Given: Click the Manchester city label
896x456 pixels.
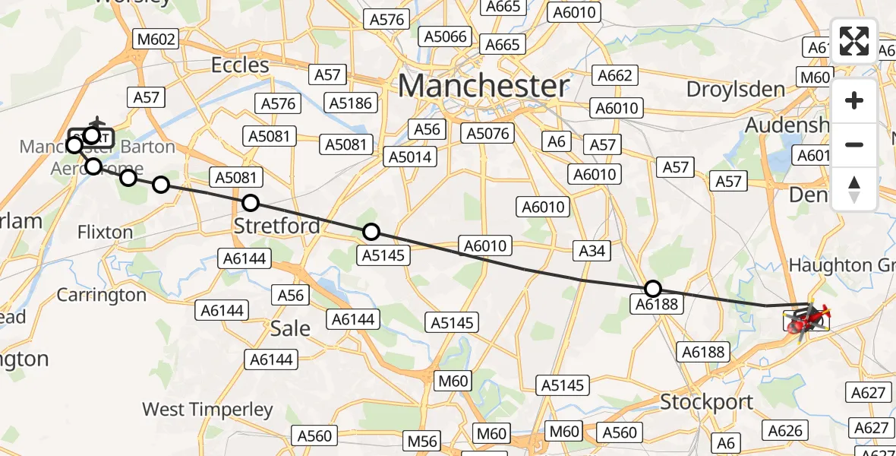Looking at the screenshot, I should [x=483, y=86].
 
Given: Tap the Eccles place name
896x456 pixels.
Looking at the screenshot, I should [x=240, y=65].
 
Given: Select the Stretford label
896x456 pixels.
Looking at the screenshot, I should [x=276, y=226].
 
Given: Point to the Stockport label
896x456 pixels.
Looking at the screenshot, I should [x=706, y=401].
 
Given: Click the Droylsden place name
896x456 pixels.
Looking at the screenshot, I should [x=735, y=89].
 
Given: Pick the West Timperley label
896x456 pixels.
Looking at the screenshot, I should [x=207, y=410].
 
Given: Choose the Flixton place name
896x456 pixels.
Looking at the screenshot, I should [x=105, y=232].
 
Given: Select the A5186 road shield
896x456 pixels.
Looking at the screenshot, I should [x=349, y=102].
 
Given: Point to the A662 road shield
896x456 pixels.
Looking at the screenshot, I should [x=614, y=75].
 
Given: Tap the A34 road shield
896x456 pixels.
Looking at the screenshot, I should [x=592, y=250].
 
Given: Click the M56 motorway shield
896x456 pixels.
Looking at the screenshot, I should [x=423, y=441].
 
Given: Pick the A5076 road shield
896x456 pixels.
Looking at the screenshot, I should [x=487, y=134].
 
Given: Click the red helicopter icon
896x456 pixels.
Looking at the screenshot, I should [x=807, y=320].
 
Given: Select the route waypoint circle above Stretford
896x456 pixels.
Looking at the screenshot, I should [x=250, y=203].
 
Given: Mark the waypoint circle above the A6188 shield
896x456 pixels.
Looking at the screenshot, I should [x=653, y=289].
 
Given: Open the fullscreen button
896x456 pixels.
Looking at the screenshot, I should [x=854, y=41].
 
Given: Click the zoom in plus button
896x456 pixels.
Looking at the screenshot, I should [x=854, y=100].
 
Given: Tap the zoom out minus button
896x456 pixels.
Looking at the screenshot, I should [x=854, y=144].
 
